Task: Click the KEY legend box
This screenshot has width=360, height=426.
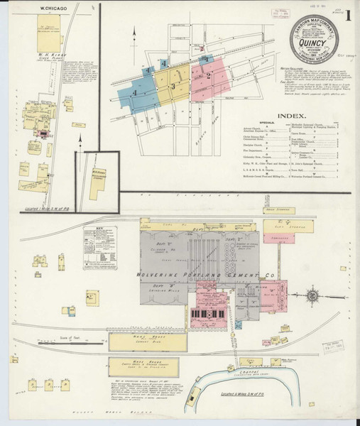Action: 98,248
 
